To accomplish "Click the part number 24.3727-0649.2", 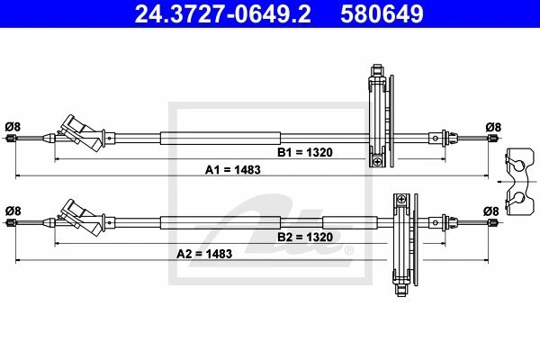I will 213,13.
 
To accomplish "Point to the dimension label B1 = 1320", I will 305,153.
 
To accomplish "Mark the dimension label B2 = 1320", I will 305,238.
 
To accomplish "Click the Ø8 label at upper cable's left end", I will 13,126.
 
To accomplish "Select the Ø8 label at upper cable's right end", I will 491,126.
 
